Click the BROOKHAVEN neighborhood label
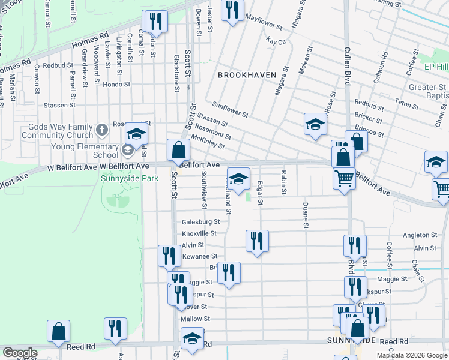[247, 75]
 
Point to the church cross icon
[103, 129]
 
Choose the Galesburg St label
[197, 221]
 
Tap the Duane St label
[306, 216]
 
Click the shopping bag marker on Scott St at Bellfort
[178, 149]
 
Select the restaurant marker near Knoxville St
[257, 241]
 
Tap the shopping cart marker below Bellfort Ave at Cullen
[343, 178]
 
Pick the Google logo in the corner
[20, 353]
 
